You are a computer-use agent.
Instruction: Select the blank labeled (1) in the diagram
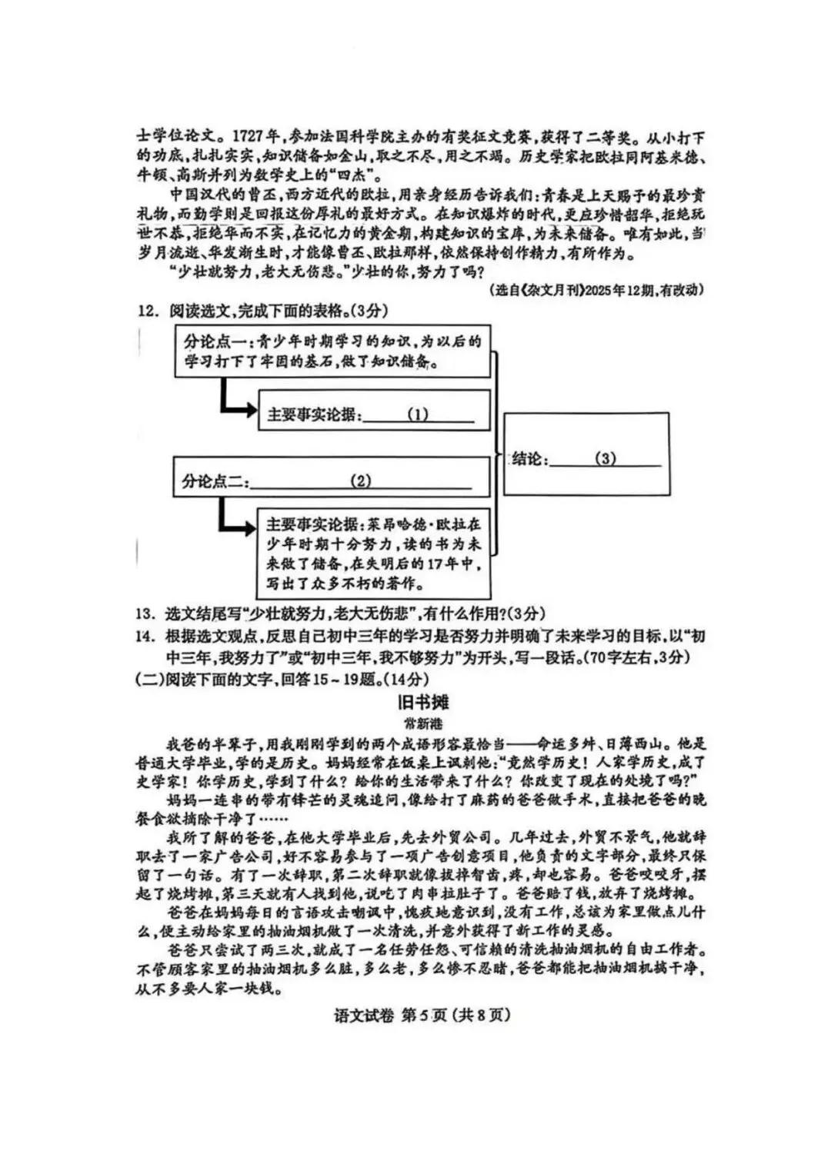point(418,414)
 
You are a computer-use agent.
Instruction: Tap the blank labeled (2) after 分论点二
point(360,481)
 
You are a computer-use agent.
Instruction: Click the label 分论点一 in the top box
point(218,341)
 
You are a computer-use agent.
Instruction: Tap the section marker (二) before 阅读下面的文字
point(146,679)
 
